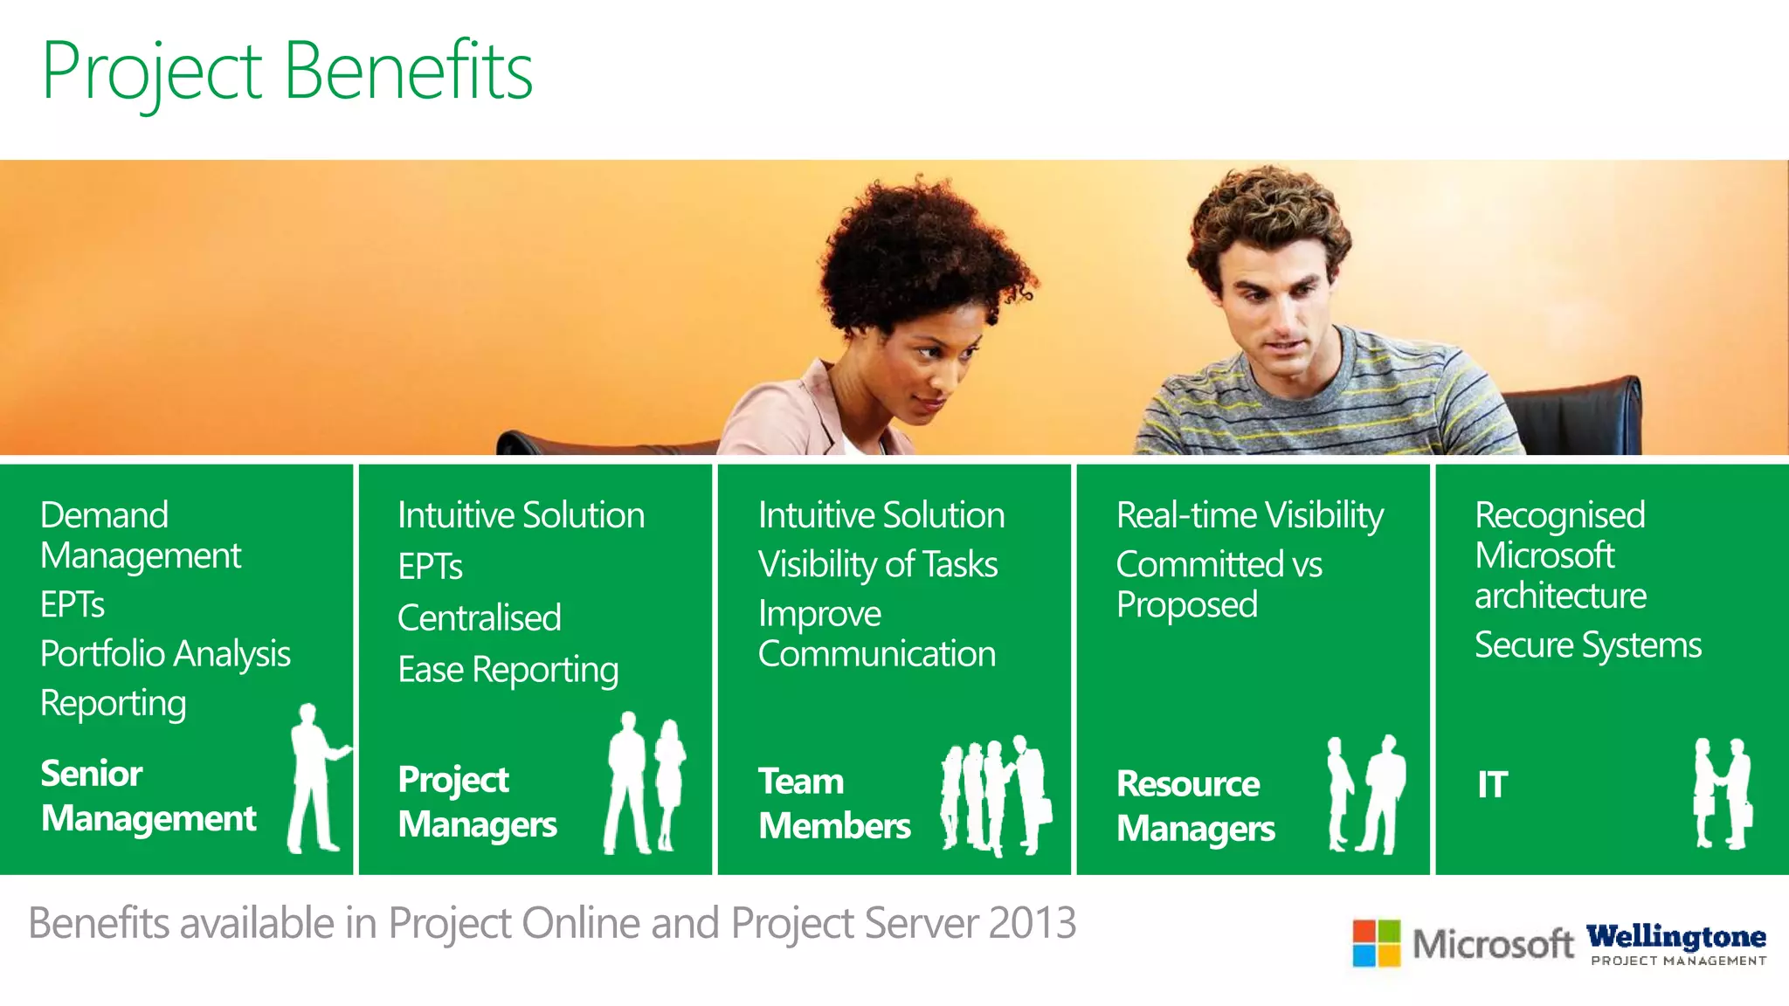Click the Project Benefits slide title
pos(287,72)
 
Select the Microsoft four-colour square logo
pos(1376,943)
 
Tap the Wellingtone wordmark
pos(1676,937)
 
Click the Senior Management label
pos(149,796)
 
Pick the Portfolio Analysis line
pos(165,654)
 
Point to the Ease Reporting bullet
pos(508,670)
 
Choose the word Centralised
pos(479,618)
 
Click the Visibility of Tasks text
pos(877,565)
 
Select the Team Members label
pos(834,803)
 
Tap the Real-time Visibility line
pos(1249,515)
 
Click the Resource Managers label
pos(1195,806)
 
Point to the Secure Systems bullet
pos(1587,645)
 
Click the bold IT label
pos(1492,784)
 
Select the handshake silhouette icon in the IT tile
pos(1722,793)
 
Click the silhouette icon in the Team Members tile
pos(996,795)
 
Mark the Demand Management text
pos(140,535)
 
